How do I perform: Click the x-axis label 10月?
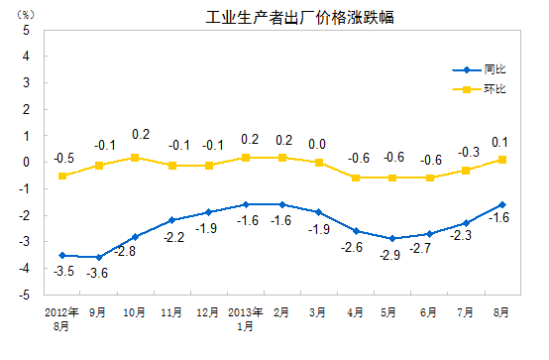[136, 311]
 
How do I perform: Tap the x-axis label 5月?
[392, 311]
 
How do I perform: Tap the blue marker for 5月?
[392, 238]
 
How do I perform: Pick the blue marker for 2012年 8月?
[62, 255]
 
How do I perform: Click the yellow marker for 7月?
[465, 170]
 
